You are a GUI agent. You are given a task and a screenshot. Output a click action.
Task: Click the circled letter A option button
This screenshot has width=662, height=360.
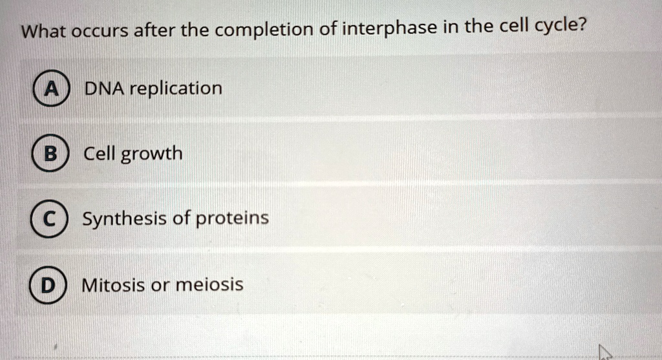click(52, 88)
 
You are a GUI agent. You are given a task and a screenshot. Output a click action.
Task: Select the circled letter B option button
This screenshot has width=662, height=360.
click(50, 153)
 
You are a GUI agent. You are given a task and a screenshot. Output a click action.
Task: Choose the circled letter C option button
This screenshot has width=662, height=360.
click(48, 218)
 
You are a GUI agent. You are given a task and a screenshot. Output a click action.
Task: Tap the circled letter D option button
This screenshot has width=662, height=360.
click(48, 285)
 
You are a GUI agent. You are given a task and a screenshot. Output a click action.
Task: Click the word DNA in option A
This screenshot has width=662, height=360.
click(104, 89)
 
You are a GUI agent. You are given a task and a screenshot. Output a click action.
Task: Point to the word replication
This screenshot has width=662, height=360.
click(176, 88)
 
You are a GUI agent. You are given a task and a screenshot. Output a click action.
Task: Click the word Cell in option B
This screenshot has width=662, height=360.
click(99, 153)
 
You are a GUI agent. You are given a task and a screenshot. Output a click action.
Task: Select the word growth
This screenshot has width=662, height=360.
click(151, 154)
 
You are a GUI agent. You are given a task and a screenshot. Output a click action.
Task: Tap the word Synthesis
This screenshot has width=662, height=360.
click(125, 219)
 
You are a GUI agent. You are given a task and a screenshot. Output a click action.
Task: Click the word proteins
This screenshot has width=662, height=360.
click(232, 218)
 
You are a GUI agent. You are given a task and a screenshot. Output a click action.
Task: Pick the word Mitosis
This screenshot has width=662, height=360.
click(113, 285)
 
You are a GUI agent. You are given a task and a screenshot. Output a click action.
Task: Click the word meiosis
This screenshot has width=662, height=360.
click(209, 284)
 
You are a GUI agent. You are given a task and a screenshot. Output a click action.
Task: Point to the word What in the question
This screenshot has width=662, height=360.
click(43, 32)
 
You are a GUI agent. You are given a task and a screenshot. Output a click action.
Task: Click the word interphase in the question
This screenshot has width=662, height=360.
click(389, 28)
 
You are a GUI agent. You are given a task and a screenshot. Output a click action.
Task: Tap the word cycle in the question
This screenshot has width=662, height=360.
click(555, 26)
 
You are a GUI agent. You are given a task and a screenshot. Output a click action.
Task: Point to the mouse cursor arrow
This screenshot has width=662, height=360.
click(605, 352)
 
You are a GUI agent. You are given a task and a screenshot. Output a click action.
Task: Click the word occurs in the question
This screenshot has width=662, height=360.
click(100, 32)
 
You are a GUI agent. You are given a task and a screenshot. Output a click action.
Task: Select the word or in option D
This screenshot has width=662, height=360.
click(160, 286)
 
